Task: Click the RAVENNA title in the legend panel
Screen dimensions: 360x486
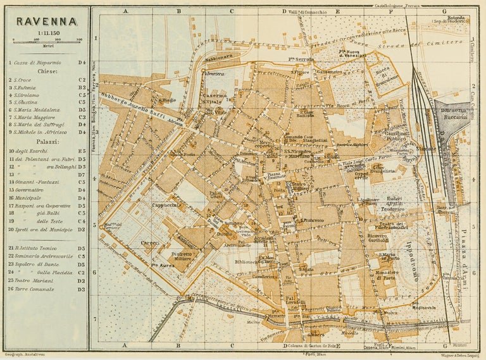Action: coord(47,21)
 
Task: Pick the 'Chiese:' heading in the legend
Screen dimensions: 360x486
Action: coord(45,71)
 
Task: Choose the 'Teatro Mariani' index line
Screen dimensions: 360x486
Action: coord(35,280)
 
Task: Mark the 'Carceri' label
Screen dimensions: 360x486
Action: coord(150,242)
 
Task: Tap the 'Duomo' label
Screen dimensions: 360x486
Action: coord(225,233)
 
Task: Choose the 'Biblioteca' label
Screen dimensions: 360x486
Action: coord(248,261)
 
